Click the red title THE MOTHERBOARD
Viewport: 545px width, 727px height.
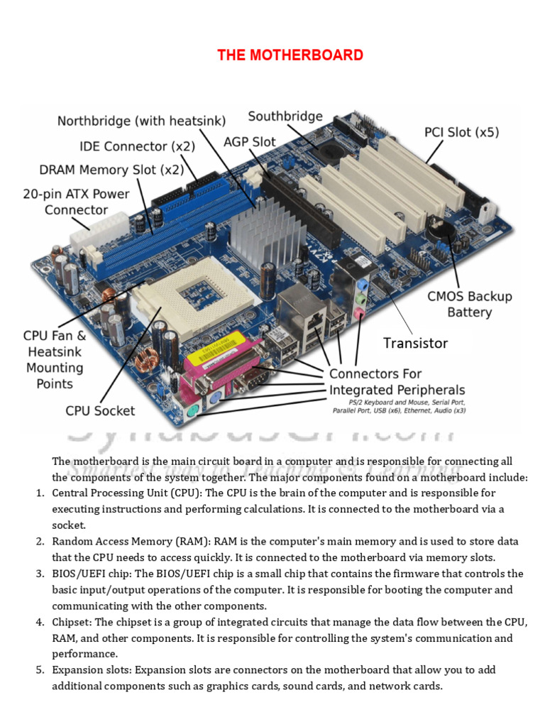tap(290, 55)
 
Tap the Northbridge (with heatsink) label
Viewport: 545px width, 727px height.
tap(141, 121)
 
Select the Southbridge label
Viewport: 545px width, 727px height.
tap(285, 116)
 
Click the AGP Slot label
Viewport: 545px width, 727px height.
tap(249, 142)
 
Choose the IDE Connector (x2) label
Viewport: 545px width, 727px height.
tap(137, 146)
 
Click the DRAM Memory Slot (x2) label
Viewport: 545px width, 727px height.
tap(111, 170)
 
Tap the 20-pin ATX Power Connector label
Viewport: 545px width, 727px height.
tap(76, 201)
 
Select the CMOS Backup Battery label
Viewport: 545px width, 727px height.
tap(469, 304)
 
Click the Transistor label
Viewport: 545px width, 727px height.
tap(415, 343)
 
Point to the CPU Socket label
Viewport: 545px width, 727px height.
tap(100, 410)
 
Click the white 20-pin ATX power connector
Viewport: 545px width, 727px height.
tap(89, 231)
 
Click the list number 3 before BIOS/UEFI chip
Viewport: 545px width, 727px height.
tap(40, 574)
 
